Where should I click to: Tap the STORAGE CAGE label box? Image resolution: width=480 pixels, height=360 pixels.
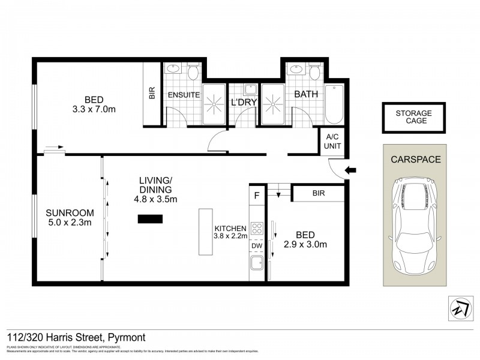(413, 117)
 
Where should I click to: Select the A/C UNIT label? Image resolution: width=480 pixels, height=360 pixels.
(331, 142)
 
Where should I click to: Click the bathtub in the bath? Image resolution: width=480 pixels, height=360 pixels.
(334, 103)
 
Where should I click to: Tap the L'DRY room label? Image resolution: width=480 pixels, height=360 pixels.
(244, 103)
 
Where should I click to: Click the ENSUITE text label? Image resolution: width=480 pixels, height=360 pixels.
(184, 95)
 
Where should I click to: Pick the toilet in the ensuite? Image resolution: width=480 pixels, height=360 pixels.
(193, 72)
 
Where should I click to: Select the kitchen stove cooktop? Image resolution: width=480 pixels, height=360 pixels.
(257, 228)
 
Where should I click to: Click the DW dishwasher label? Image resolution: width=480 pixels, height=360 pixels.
(257, 246)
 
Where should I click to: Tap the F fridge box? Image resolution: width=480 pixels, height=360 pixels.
(257, 195)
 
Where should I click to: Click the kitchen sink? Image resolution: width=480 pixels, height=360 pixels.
(257, 263)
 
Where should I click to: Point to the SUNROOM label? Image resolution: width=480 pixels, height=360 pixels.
(70, 212)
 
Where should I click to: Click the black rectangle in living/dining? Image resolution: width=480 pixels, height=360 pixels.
(149, 220)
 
